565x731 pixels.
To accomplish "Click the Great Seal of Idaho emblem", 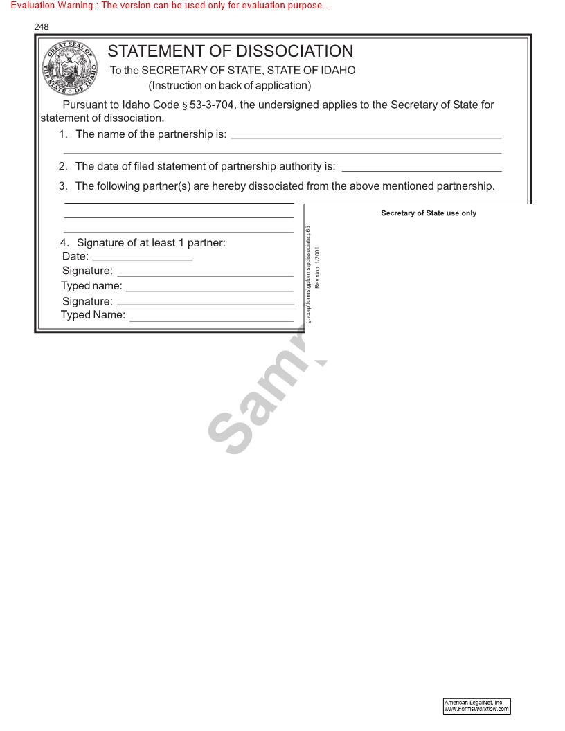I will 70,70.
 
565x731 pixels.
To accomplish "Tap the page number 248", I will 42,27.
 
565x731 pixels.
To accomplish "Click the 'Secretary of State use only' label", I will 429,213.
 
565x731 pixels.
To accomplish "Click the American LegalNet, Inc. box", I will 476,706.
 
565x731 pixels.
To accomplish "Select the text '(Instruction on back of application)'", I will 230,86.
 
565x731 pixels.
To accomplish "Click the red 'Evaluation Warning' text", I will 170,6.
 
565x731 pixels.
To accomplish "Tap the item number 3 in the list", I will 63,186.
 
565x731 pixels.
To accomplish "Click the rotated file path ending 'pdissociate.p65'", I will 308,274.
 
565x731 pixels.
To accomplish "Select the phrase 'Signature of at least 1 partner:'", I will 151,243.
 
